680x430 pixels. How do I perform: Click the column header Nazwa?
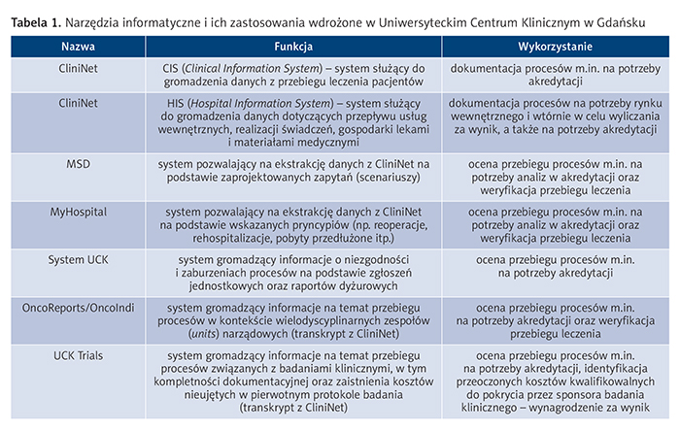click(79, 46)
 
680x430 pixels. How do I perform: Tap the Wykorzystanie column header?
click(550, 46)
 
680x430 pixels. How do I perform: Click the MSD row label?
click(78, 162)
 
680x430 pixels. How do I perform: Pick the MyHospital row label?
click(78, 211)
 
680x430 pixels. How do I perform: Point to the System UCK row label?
click(78, 259)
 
